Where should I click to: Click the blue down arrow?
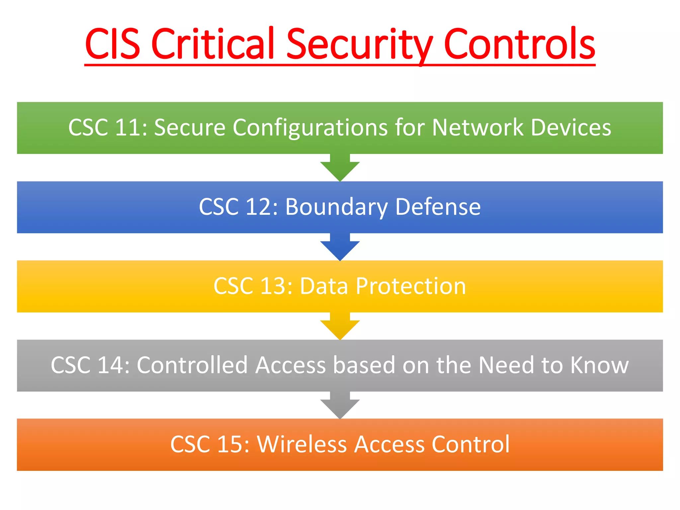point(340,248)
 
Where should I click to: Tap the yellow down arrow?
point(340,327)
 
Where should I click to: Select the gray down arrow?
point(340,406)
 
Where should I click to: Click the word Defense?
point(438,207)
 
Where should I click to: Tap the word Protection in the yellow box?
point(411,286)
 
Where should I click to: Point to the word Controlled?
point(192,365)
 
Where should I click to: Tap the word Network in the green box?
point(477,127)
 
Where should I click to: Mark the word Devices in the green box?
point(571,127)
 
